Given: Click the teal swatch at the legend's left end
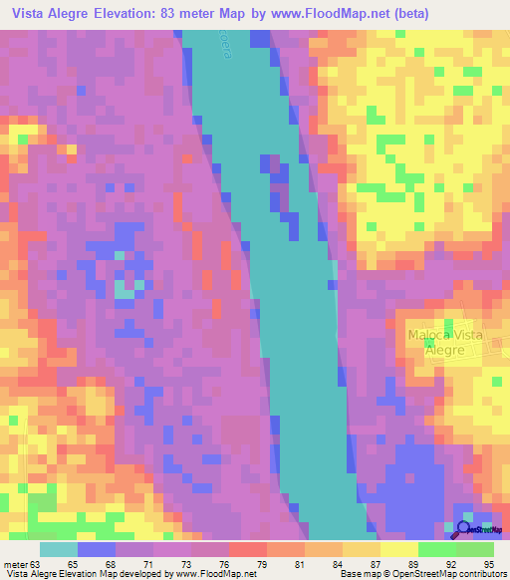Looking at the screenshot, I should tap(59, 548).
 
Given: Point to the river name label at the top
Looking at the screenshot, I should tap(223, 44).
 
